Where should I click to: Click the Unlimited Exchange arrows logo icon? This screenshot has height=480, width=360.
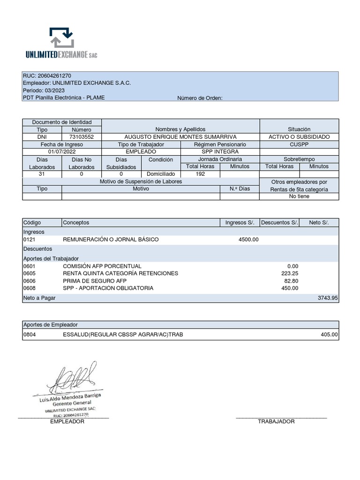coord(61,38)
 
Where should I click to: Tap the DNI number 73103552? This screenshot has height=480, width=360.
coord(81,136)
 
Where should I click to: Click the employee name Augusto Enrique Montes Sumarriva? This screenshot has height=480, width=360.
coord(180,136)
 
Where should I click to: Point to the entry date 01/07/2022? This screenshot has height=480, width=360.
coord(62,152)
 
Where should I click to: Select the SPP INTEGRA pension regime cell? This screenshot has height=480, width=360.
coord(220,152)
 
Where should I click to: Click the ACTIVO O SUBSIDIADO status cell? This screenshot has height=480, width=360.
coord(299,136)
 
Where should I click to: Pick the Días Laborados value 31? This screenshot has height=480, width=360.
coord(42,174)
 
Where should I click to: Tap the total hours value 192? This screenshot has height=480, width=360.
coord(200,174)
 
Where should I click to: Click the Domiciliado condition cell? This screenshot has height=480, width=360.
coord(161,174)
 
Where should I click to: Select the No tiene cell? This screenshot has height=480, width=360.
coord(299,196)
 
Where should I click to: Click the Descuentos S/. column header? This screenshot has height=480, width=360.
coord(279,223)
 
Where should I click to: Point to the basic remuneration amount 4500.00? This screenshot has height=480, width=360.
coord(248,240)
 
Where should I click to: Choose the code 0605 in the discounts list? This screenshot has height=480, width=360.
coord(29,273)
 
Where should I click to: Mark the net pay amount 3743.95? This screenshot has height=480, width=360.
coord(328,298)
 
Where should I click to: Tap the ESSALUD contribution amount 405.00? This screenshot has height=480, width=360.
coord(328,335)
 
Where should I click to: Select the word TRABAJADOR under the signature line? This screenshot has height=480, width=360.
coord(276,421)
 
